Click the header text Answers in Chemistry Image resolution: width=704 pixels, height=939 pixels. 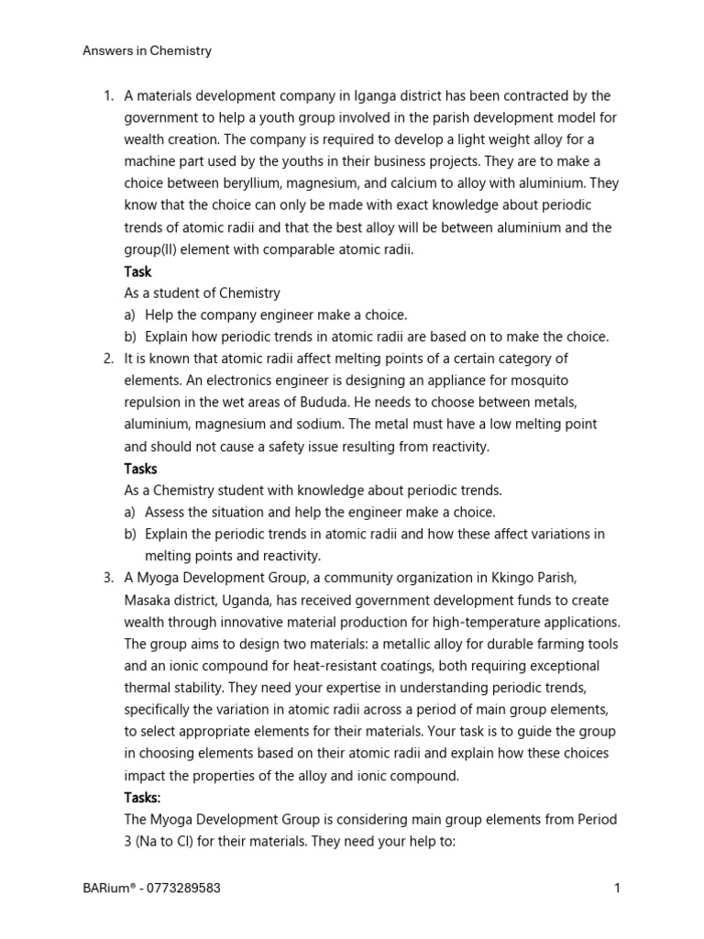pos(147,51)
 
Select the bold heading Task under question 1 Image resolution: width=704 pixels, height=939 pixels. pos(137,271)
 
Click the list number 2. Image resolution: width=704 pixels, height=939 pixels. pos(107,359)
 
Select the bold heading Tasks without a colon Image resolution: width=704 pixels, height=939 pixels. pos(141,469)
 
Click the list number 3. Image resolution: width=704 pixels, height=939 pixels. pos(107,578)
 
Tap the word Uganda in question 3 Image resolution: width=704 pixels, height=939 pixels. pos(269,600)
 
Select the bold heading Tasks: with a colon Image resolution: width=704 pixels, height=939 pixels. pos(143,797)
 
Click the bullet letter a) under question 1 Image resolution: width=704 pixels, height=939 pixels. pos(130,315)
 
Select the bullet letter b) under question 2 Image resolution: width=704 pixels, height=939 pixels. pos(130,535)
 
